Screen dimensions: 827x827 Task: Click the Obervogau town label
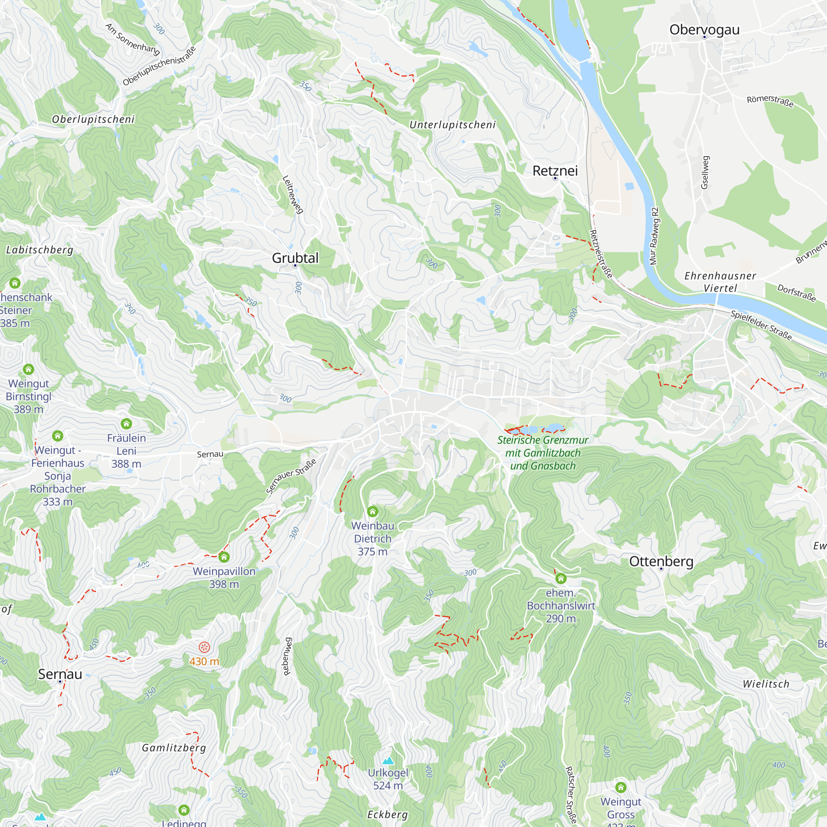click(x=704, y=29)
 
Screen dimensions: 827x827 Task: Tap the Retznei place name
click(x=555, y=171)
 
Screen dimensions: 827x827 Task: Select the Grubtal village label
click(x=295, y=258)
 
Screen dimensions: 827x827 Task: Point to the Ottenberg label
click(x=661, y=561)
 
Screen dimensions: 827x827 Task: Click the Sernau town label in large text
click(x=60, y=674)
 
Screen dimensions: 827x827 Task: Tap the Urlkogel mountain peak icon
click(x=388, y=760)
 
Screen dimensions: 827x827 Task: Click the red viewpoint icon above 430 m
click(x=204, y=647)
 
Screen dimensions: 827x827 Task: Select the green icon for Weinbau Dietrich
click(x=373, y=511)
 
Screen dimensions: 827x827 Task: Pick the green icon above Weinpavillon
click(x=224, y=557)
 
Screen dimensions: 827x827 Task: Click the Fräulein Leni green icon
click(x=126, y=424)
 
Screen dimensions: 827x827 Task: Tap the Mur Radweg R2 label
click(x=654, y=236)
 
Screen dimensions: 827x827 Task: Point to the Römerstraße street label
click(x=770, y=101)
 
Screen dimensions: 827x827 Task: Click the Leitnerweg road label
click(x=293, y=194)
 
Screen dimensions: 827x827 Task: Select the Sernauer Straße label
click(x=291, y=476)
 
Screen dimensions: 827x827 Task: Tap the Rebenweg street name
click(x=287, y=657)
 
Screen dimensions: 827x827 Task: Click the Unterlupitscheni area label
click(x=452, y=124)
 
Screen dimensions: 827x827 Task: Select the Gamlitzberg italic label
click(x=174, y=748)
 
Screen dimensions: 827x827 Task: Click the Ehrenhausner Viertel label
click(x=720, y=282)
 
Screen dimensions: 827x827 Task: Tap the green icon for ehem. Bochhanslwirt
click(x=561, y=579)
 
